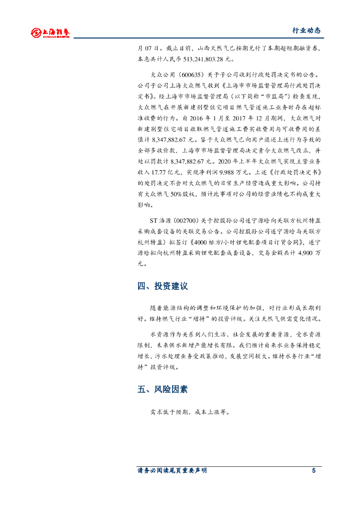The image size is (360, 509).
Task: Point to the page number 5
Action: coord(314,471)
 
